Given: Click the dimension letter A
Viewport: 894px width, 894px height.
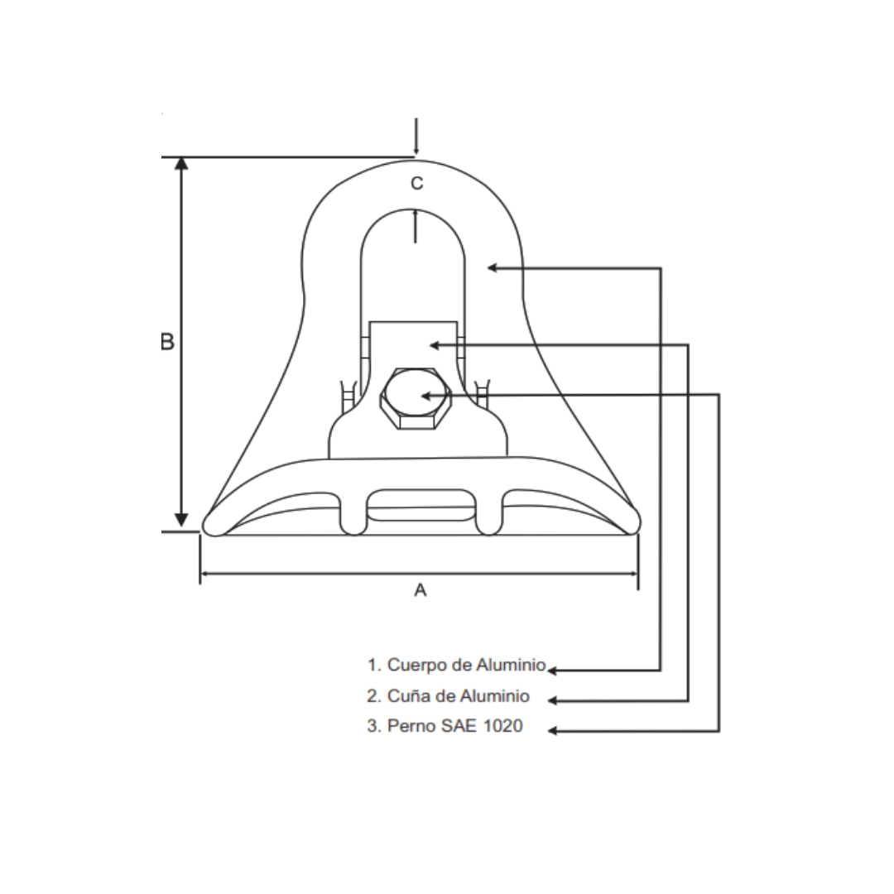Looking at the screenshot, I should (420, 590).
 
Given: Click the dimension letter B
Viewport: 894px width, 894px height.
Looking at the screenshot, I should (167, 341).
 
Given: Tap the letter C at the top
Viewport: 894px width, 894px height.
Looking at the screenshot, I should (417, 184).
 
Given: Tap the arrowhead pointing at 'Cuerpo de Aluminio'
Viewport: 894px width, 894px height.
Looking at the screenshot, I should (553, 669).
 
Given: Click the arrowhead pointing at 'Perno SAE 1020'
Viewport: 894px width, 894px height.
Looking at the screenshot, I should (553, 731).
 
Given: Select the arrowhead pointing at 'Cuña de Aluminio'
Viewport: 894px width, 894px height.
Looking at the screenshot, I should (553, 700).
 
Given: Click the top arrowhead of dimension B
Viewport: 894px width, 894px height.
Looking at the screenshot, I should (182, 163).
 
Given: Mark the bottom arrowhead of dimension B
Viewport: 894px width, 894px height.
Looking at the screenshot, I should (182, 521).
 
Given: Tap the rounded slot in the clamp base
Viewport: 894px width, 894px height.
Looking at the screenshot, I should (421, 505).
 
